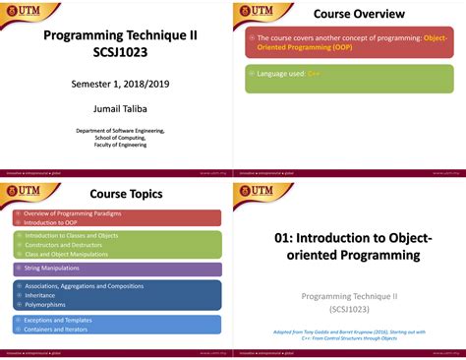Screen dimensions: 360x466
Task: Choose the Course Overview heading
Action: pos(358,14)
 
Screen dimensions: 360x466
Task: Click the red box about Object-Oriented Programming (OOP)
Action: pos(349,43)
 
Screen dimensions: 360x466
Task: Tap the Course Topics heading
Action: pos(126,194)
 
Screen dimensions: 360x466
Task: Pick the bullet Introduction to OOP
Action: pos(52,222)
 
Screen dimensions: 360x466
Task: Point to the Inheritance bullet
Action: pos(42,294)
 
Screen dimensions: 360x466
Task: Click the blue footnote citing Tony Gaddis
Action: pos(349,334)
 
